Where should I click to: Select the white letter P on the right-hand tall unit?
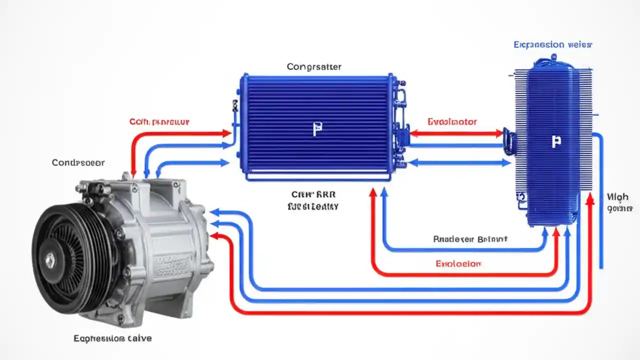pos(555,141)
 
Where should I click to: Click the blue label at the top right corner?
pos(552,45)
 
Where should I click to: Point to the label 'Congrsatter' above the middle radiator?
pos(314,66)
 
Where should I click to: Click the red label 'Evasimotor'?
pos(452,121)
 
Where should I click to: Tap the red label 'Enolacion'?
pos(458,263)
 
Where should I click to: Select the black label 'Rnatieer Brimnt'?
pos(470,239)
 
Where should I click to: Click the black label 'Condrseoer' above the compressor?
pos(78,162)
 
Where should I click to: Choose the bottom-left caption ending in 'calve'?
pos(112,338)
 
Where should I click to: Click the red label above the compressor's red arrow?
pos(159,121)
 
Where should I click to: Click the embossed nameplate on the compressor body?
pos(172,265)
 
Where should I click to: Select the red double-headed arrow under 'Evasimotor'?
pos(456,133)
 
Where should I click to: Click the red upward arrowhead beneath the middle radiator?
pos(373,192)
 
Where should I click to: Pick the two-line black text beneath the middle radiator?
pos(313,200)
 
